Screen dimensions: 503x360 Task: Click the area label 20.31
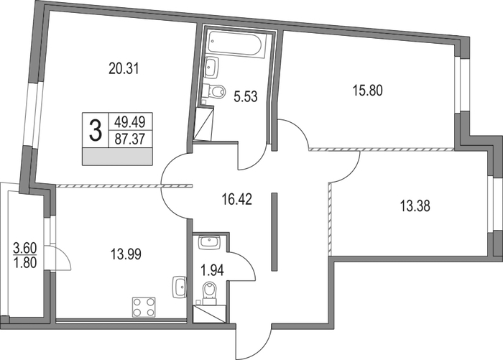click(x=124, y=69)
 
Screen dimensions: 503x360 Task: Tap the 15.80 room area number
click(x=368, y=91)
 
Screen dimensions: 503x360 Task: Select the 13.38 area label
click(x=415, y=206)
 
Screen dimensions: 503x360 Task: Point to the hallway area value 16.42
click(x=237, y=199)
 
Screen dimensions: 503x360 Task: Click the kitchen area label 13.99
click(x=126, y=254)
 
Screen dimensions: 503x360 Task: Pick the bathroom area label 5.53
click(x=246, y=96)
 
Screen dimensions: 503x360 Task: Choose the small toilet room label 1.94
click(x=212, y=270)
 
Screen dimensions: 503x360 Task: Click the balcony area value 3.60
click(x=25, y=248)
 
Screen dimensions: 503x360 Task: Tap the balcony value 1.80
click(x=25, y=263)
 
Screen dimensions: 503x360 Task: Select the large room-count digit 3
click(x=96, y=130)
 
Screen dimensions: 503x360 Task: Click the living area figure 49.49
click(x=130, y=121)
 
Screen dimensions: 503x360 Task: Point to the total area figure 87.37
click(x=130, y=139)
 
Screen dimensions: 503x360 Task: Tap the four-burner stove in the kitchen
click(x=144, y=308)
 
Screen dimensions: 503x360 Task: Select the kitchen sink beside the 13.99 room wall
click(x=180, y=287)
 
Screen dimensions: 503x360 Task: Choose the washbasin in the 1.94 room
click(x=209, y=242)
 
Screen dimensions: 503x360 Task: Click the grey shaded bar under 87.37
click(x=117, y=157)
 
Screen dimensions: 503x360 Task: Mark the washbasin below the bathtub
click(x=211, y=67)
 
